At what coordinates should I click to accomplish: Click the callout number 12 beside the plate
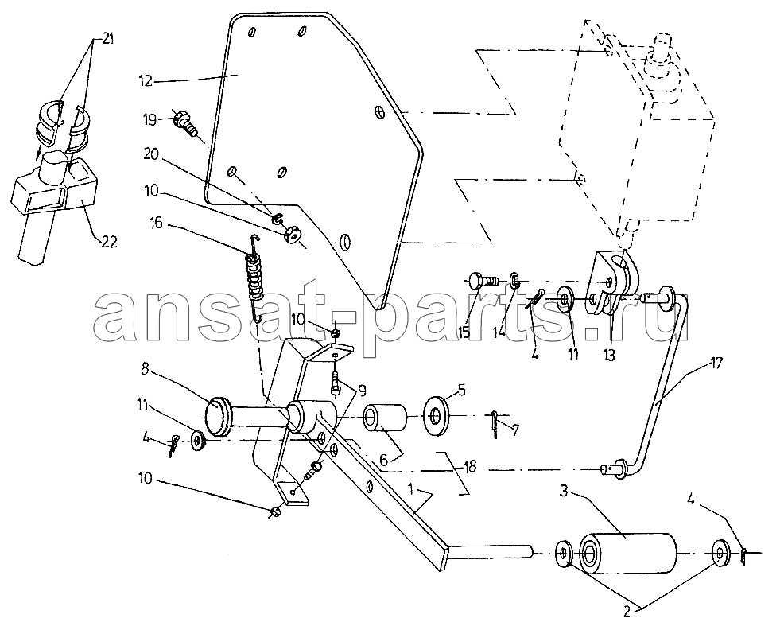(146, 80)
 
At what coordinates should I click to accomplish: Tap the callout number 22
(109, 242)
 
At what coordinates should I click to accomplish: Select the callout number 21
(107, 39)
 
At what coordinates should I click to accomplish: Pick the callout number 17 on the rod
(716, 364)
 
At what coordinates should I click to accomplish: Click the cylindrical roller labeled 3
(627, 552)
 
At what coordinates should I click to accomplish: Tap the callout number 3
(564, 491)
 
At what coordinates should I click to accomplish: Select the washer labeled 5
(437, 414)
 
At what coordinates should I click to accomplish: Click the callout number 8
(145, 368)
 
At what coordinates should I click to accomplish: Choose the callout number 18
(469, 467)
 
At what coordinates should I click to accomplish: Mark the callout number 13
(608, 355)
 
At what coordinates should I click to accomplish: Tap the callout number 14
(499, 331)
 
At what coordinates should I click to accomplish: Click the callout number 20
(150, 154)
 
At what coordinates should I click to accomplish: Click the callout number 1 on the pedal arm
(410, 489)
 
